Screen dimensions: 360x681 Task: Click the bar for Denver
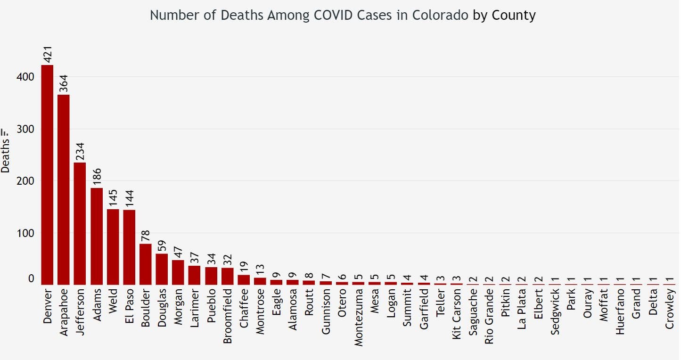coord(47,174)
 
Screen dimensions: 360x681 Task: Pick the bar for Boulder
coord(146,264)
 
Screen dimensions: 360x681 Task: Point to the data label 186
coord(97,178)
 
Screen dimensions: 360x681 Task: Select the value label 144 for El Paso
coord(129,199)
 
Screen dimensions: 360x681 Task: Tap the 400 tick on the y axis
coord(25,77)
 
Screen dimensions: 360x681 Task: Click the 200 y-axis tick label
coord(25,181)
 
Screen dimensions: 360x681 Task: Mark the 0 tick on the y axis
coord(31,278)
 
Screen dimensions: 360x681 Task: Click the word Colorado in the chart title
coord(440,15)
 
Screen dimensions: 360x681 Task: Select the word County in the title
coord(514,15)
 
